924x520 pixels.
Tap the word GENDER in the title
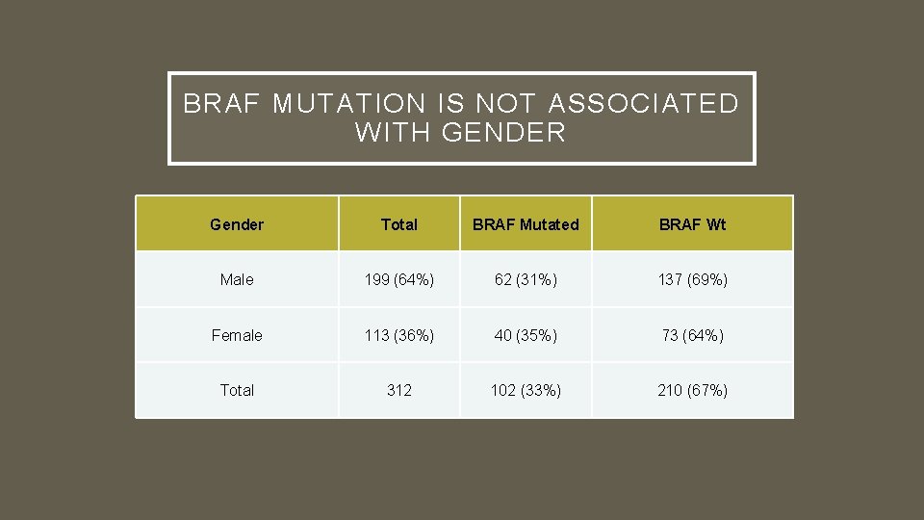[504, 133]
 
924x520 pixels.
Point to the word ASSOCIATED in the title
[649, 103]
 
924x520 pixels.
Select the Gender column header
[237, 224]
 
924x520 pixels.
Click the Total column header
[399, 224]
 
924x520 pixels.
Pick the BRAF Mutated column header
[526, 224]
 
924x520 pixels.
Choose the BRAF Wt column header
[692, 224]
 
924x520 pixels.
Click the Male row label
[237, 279]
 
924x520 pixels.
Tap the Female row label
[237, 335]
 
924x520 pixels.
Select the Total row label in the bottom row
[237, 390]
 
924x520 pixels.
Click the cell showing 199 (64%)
[399, 279]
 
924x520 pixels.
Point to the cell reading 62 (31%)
[526, 279]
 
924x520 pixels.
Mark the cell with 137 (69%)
[692, 279]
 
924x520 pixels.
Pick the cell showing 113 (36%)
[399, 335]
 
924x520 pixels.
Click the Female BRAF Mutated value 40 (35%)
[526, 335]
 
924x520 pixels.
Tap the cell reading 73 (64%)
[692, 335]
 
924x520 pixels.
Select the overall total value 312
[399, 390]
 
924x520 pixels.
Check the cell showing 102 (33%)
[526, 390]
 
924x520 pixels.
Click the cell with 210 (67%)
[692, 390]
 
